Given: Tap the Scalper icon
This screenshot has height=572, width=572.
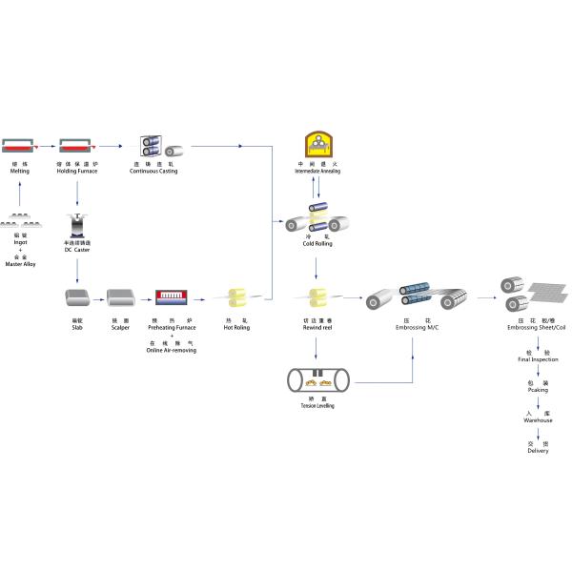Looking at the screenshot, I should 120,299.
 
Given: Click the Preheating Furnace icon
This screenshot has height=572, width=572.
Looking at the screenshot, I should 172,298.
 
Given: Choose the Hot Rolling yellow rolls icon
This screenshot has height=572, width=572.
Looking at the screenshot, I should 237,298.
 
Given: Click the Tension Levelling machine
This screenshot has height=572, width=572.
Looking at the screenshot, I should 317,379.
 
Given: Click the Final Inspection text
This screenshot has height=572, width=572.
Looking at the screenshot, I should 538,359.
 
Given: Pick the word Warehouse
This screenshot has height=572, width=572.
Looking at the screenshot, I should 538,420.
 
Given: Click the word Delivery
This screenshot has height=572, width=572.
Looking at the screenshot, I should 538,451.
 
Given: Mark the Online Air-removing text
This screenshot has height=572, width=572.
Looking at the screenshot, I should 173,350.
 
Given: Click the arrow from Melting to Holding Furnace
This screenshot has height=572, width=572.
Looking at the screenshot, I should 46,147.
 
